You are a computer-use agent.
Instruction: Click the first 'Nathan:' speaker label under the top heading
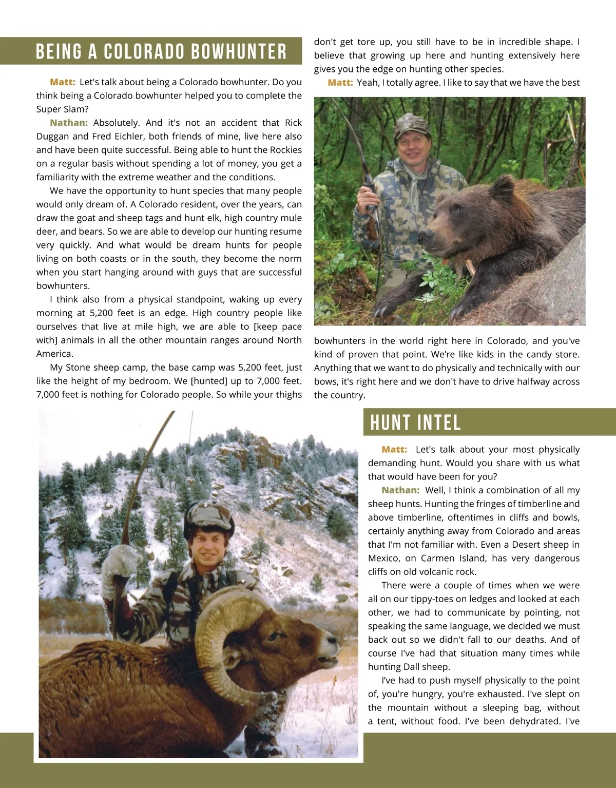69,123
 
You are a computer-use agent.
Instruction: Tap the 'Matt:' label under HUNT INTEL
394,450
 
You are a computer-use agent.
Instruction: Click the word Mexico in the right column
383,559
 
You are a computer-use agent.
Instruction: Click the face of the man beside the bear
412,146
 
